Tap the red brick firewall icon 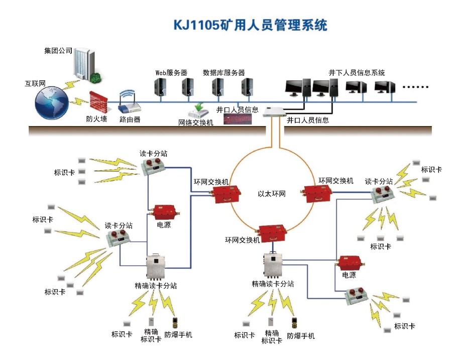pyautogui.click(x=99, y=102)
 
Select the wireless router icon pyautogui.click(x=129, y=102)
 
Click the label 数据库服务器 pyautogui.click(x=223, y=73)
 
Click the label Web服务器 pyautogui.click(x=171, y=73)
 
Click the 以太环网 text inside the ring pyautogui.click(x=272, y=194)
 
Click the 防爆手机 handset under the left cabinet pyautogui.click(x=175, y=322)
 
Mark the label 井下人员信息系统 pyautogui.click(x=357, y=73)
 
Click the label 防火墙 pyautogui.click(x=96, y=119)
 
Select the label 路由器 pyautogui.click(x=130, y=119)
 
